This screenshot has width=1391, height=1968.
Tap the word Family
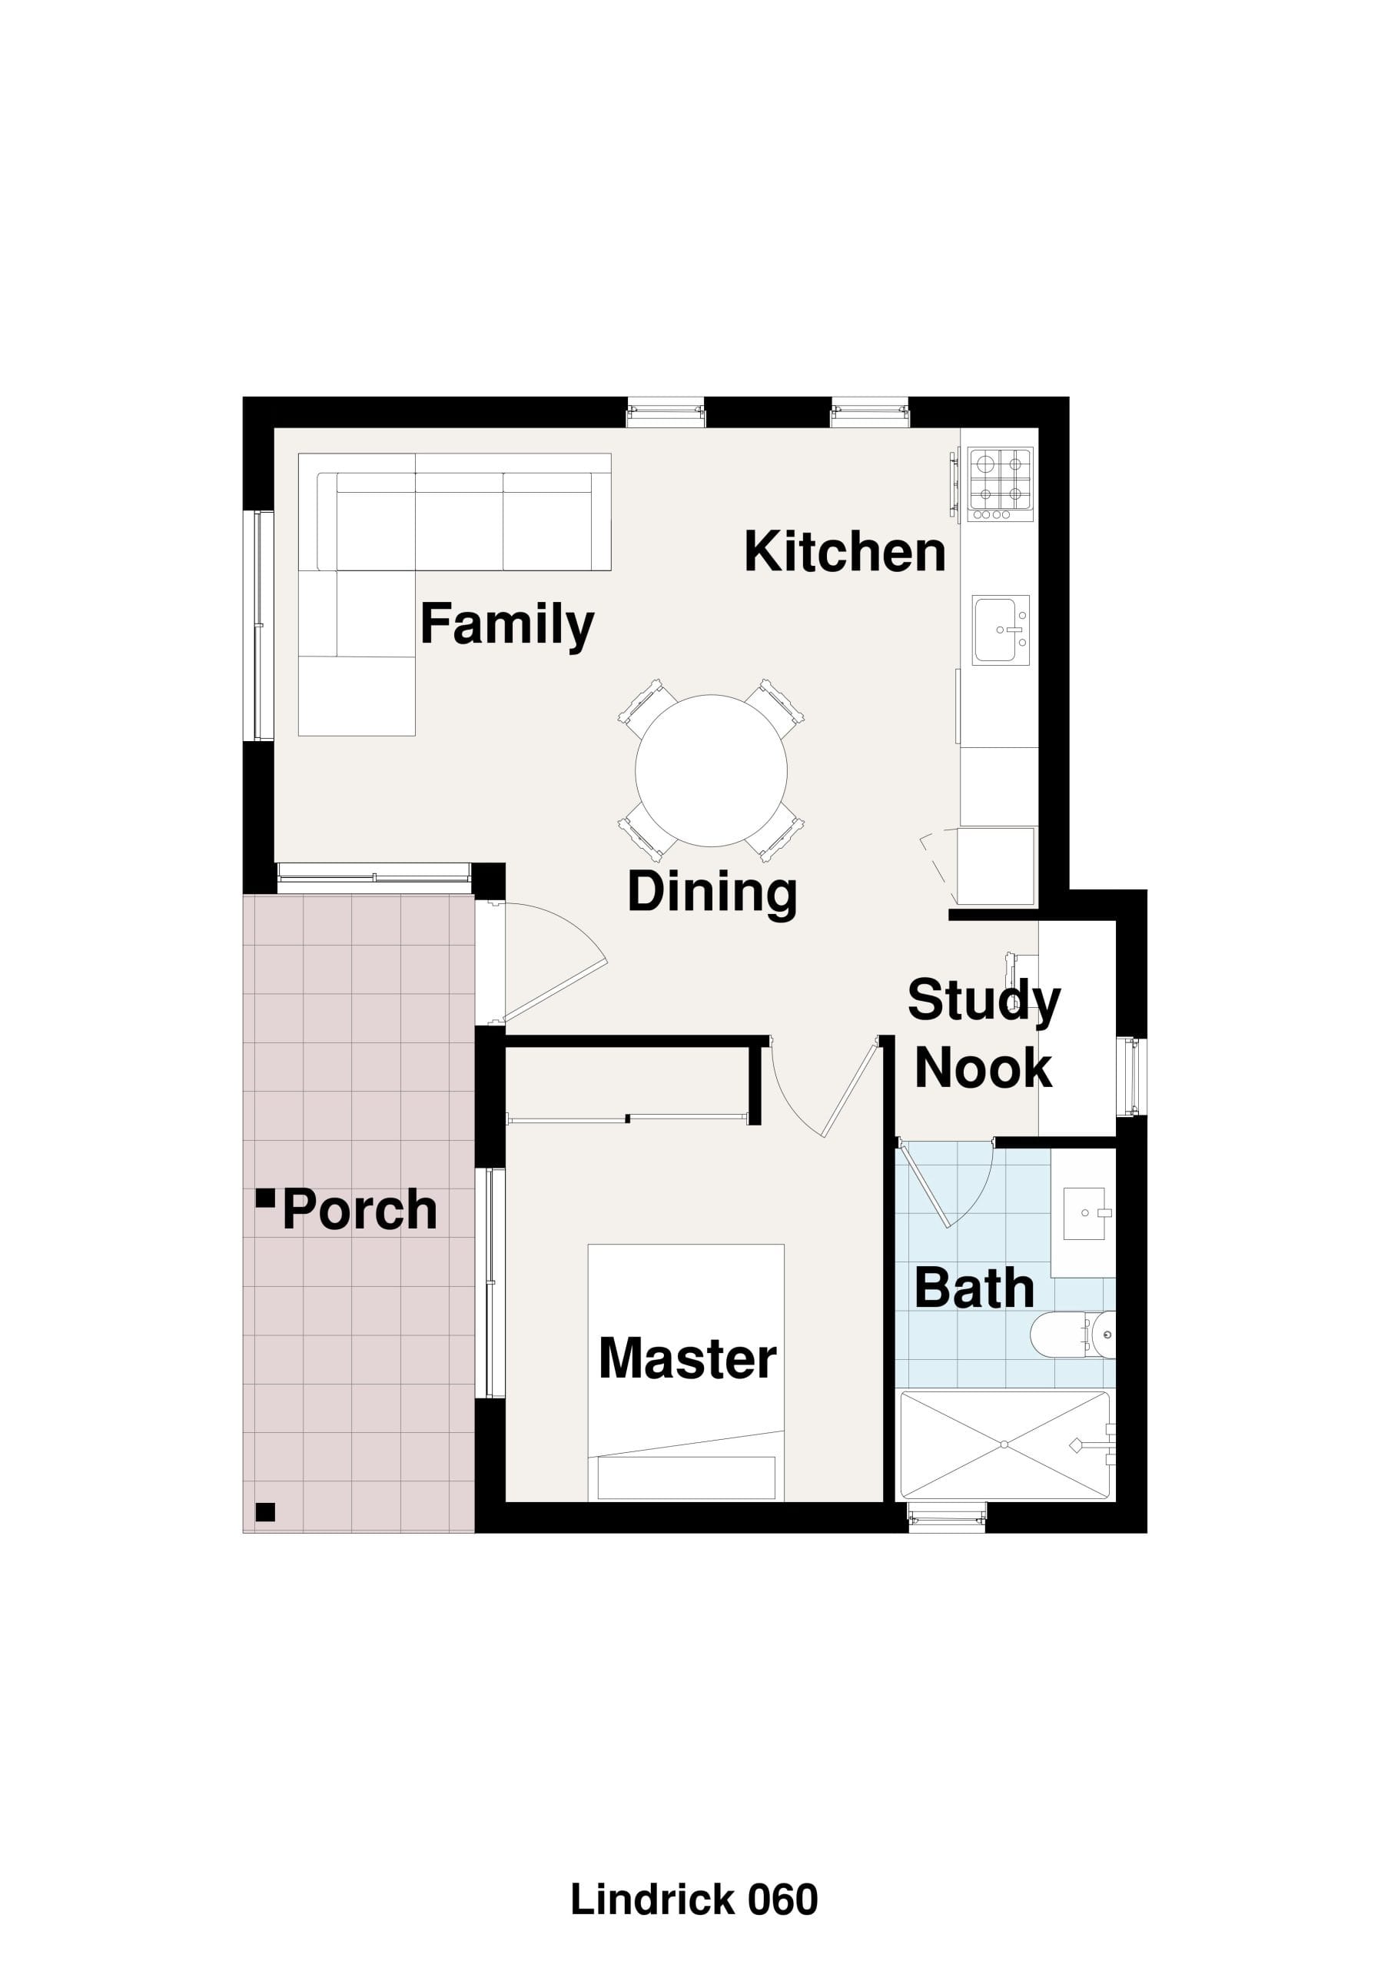[506, 625]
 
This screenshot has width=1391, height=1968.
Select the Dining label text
[712, 893]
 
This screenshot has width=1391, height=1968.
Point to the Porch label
[359, 1209]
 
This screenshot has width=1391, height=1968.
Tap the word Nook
[983, 1068]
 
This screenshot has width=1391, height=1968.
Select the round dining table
[712, 770]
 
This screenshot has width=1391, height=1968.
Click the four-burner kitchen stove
[1000, 484]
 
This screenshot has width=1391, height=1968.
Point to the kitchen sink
[1000, 630]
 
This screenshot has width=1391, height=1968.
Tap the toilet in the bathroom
[1072, 1335]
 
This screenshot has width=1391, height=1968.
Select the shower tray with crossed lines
[1005, 1445]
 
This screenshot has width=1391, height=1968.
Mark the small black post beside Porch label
[266, 1198]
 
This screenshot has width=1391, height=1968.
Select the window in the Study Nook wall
[1132, 1076]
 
